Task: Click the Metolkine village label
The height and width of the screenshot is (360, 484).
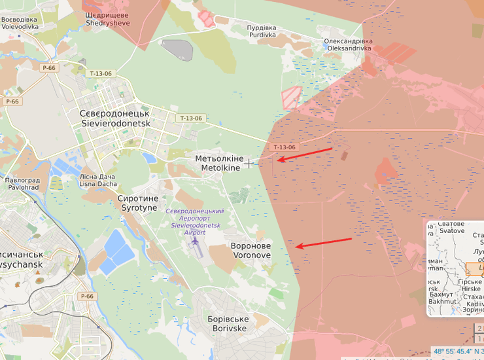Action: tap(220, 164)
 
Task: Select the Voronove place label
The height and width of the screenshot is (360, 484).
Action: tap(251, 250)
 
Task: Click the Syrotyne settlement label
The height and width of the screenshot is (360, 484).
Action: tap(137, 203)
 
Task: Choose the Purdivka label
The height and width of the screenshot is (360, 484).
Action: tap(262, 31)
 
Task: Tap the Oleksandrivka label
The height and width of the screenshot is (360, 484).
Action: tap(348, 45)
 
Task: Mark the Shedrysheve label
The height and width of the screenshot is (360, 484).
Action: tap(107, 19)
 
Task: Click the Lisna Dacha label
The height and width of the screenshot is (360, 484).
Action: tap(98, 180)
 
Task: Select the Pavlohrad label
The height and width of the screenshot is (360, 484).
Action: tap(22, 183)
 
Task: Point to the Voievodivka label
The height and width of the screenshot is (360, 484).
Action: tap(19, 24)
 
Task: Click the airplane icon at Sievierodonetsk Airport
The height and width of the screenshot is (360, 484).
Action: tap(194, 242)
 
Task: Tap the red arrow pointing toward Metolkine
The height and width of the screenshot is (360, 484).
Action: tap(304, 154)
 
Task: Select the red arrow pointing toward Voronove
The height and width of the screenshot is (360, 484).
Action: tap(323, 243)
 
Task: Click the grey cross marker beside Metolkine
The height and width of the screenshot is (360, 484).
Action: tap(249, 164)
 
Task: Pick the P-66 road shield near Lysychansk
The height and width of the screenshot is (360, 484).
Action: tap(86, 297)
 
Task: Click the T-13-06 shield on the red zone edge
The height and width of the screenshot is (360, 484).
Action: tap(285, 147)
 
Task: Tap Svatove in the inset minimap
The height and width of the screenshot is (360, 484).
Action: tap(451, 227)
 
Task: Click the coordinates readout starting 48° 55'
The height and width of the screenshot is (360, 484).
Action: tap(458, 351)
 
